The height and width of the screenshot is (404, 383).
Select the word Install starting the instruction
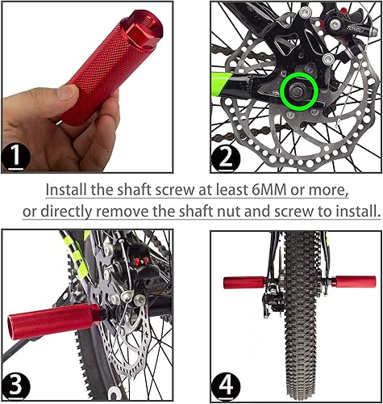tap(66, 190)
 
